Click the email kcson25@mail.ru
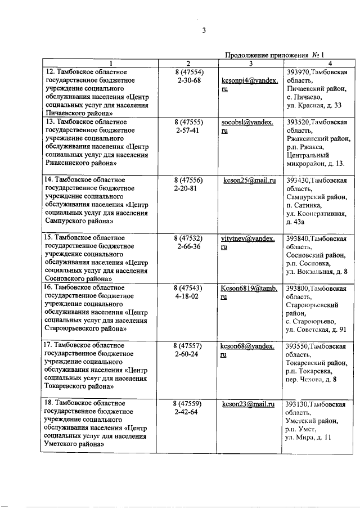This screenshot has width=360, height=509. pos(249,181)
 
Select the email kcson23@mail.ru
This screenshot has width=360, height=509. pos(249,403)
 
